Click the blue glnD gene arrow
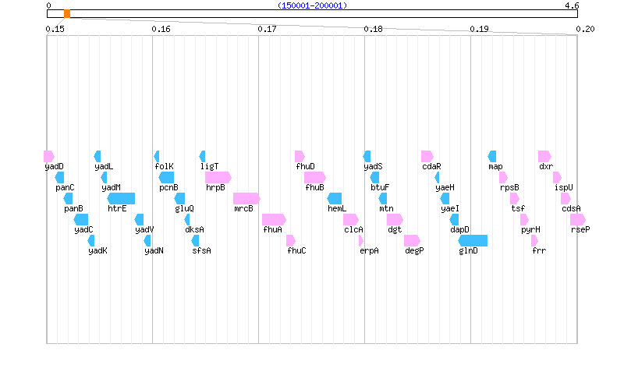pos(473,240)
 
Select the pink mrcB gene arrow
pos(246,198)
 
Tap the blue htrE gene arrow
pos(122,198)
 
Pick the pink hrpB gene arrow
pos(218,177)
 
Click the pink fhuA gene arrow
pos(274,219)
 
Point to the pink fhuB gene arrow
pos(315,177)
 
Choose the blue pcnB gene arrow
pos(167,177)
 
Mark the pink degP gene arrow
pos(412,240)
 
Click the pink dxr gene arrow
pos(544,156)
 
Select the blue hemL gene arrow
pos(335,198)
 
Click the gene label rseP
pos(580,229)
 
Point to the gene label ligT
pos(209,166)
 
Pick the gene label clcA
pos(354,229)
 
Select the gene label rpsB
pos(509,187)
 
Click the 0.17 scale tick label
pos(267,29)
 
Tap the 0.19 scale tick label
pos(479,29)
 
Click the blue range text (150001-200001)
pos(312,5)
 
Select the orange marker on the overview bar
pos(67,14)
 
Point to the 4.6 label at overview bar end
pos(571,5)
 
